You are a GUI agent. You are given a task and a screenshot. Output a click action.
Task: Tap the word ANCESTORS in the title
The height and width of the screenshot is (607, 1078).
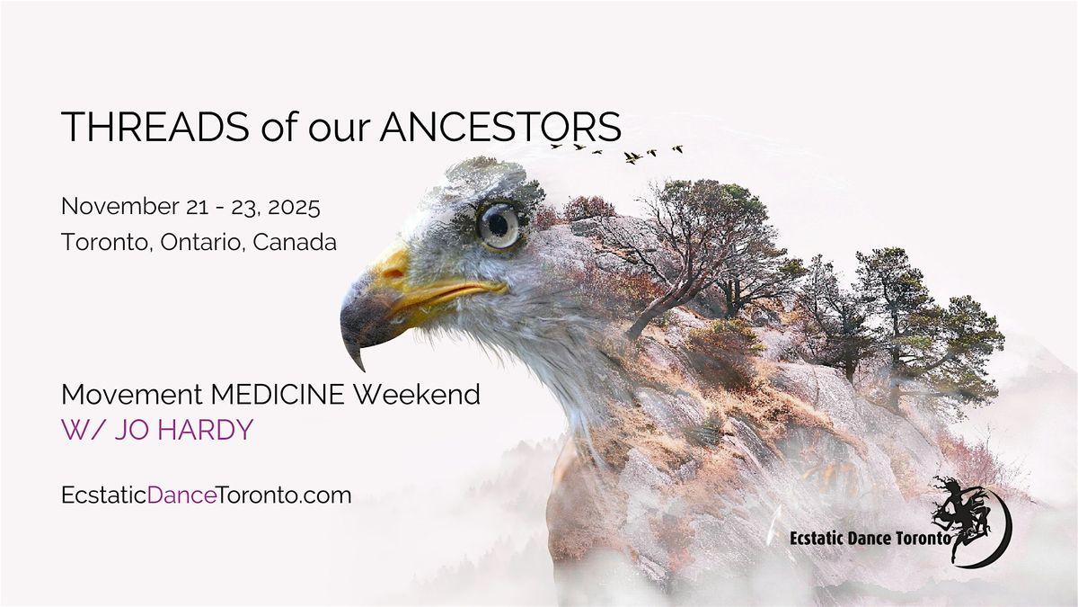[499, 128]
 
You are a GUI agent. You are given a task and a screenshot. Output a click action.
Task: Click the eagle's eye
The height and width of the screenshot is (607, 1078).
[498, 224]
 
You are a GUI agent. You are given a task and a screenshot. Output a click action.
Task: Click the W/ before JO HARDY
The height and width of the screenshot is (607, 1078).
[79, 430]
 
